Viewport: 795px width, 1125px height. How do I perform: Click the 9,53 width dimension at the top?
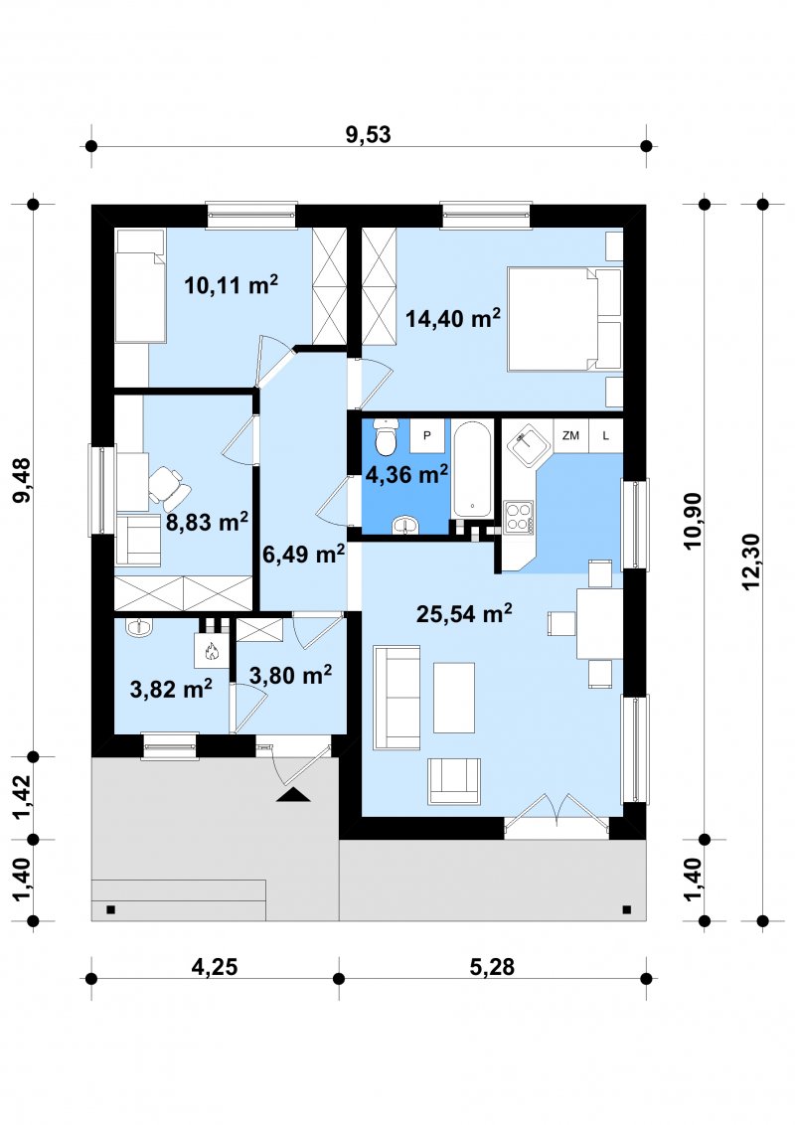click(368, 134)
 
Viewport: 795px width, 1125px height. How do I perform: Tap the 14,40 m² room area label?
click(453, 318)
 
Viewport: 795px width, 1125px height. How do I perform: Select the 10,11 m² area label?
click(231, 285)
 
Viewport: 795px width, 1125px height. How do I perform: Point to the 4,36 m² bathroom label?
click(406, 474)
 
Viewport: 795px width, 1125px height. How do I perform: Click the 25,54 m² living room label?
click(464, 613)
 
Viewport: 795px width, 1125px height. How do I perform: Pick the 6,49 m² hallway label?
click(303, 554)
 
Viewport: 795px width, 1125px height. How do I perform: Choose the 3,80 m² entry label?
click(290, 675)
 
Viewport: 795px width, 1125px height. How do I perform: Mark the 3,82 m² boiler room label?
click(171, 690)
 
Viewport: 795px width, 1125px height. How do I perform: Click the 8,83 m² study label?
click(208, 522)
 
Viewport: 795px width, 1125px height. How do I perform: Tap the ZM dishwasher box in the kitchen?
click(571, 435)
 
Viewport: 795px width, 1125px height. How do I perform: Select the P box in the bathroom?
click(427, 435)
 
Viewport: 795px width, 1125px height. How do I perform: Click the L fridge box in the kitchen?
click(605, 435)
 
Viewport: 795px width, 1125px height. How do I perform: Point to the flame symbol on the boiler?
click(211, 652)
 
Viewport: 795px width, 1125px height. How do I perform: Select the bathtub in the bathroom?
click(472, 469)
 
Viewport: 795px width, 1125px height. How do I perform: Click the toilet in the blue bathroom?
click(386, 435)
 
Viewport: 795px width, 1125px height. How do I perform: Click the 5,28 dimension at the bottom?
click(492, 966)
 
